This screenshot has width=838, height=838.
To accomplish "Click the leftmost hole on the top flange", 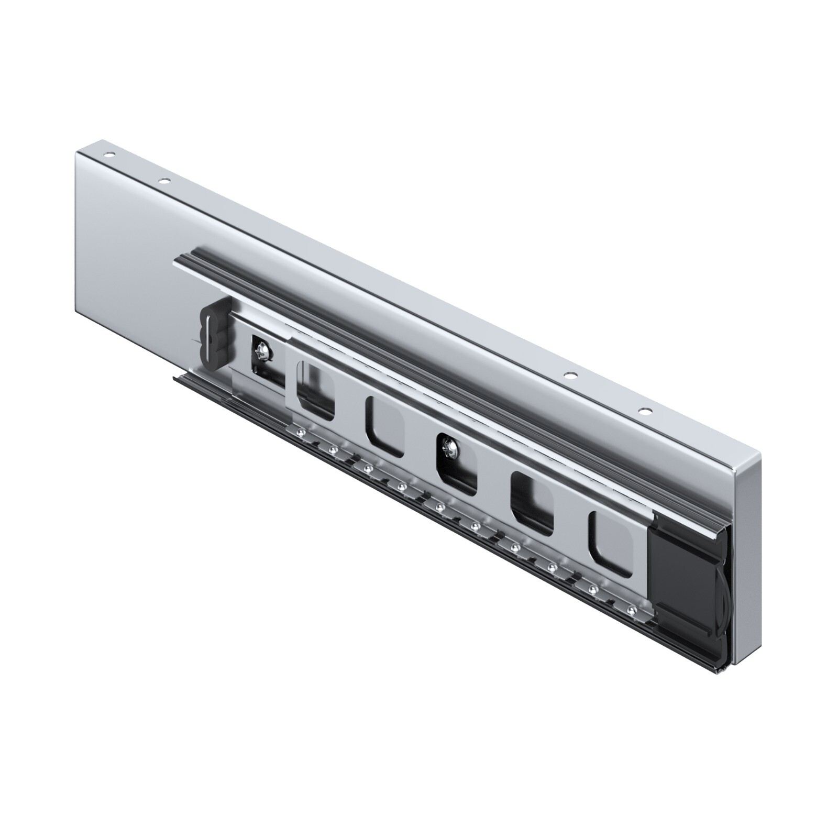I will click(x=109, y=156).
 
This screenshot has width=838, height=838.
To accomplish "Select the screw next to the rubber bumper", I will click(x=262, y=348).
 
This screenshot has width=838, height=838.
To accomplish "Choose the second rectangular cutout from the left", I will click(x=384, y=425).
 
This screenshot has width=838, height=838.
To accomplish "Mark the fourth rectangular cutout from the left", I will click(x=532, y=503).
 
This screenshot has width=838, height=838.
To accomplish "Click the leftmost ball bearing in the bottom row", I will click(x=301, y=432).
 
